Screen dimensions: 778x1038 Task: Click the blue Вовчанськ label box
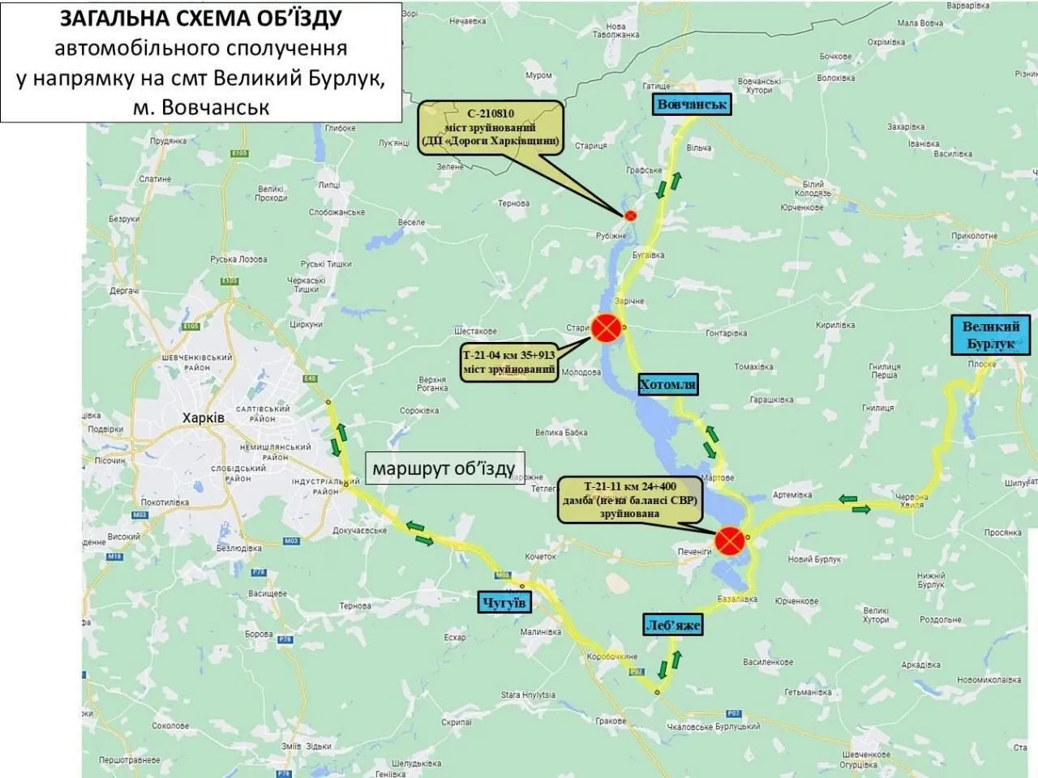(693, 104)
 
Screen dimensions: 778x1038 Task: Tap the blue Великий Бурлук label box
(990, 335)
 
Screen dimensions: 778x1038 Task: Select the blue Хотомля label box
(667, 384)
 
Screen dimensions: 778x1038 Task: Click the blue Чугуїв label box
(504, 602)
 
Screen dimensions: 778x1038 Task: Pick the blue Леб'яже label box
(672, 625)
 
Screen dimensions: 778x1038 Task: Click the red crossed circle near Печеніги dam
(730, 539)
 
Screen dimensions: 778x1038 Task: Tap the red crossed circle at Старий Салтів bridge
(606, 328)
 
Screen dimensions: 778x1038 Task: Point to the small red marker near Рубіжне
(630, 215)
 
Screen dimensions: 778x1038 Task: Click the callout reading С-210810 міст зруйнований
(491, 128)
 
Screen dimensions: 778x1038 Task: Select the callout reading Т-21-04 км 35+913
(508, 362)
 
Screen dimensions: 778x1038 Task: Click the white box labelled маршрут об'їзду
(444, 468)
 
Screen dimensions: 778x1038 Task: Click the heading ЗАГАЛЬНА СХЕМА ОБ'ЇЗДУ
(201, 18)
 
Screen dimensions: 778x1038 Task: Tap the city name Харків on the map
(204, 418)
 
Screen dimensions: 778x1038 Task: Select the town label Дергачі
(124, 290)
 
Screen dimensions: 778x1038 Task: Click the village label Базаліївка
(737, 599)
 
